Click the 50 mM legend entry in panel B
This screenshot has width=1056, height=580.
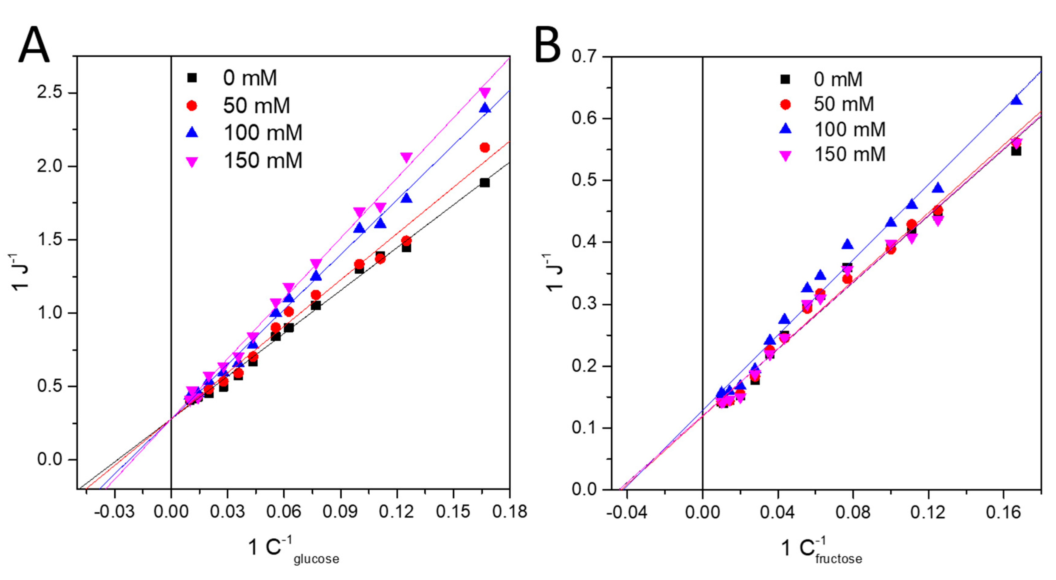pos(843,104)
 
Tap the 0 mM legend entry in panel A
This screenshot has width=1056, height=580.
pos(250,77)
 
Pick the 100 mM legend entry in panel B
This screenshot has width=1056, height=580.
pos(849,129)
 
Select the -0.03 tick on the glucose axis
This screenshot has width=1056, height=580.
pos(114,512)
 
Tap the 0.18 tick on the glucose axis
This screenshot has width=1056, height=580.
pos(509,512)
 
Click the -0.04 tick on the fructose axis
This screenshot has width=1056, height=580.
pos(627,512)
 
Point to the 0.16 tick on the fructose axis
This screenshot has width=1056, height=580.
pos(1003,512)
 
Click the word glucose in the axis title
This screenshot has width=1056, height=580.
pos(316,559)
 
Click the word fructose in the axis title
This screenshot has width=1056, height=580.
pos(838,559)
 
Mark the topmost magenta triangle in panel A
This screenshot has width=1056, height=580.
pos(485,93)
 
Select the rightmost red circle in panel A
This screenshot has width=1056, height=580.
pos(485,148)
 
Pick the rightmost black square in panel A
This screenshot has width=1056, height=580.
pos(485,183)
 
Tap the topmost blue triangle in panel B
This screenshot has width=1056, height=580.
pos(1016,100)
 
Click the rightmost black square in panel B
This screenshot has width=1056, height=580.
pos(1016,151)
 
